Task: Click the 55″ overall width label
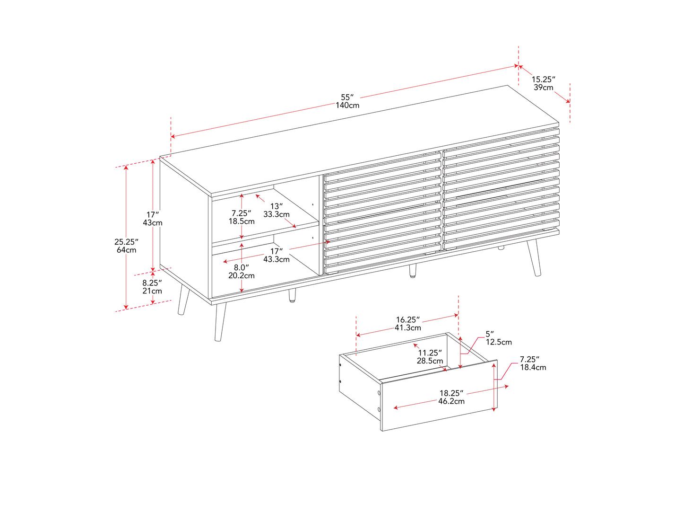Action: click(x=347, y=97)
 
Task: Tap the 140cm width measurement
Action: click(x=347, y=105)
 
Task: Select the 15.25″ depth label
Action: click(x=543, y=80)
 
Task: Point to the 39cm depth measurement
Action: click(x=543, y=88)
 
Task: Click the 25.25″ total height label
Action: click(x=126, y=242)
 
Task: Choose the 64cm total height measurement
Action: click(x=126, y=250)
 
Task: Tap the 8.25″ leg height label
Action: click(x=152, y=283)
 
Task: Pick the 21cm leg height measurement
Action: click(x=152, y=291)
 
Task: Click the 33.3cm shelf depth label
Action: click(x=277, y=214)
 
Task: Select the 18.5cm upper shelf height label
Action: click(x=242, y=221)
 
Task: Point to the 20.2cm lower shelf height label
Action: click(x=241, y=275)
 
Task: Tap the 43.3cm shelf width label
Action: click(x=277, y=259)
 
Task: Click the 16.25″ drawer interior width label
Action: click(x=407, y=319)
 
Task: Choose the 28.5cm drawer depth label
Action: click(x=430, y=361)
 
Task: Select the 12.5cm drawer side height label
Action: click(x=499, y=342)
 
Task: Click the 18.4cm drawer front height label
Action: click(x=533, y=367)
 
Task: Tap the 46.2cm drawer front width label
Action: click(x=451, y=401)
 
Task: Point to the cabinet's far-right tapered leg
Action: click(x=534, y=257)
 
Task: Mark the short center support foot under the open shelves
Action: click(x=292, y=296)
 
